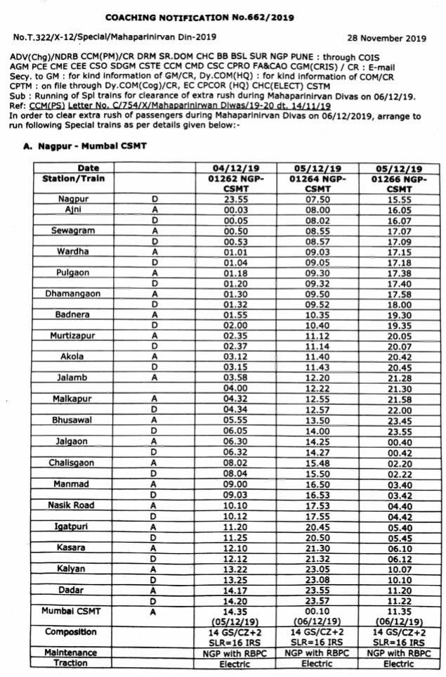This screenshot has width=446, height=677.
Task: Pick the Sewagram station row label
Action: [x=73, y=230]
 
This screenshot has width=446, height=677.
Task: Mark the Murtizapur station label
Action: [x=73, y=336]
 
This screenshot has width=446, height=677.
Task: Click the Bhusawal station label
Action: [x=73, y=420]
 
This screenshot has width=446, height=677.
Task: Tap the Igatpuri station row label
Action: [x=73, y=527]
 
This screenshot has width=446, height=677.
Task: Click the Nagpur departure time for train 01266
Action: [x=399, y=199]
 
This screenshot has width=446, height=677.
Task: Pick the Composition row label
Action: [x=70, y=632]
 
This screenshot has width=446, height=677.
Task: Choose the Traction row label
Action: [x=70, y=662]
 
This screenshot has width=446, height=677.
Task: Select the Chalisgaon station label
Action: [x=73, y=463]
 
